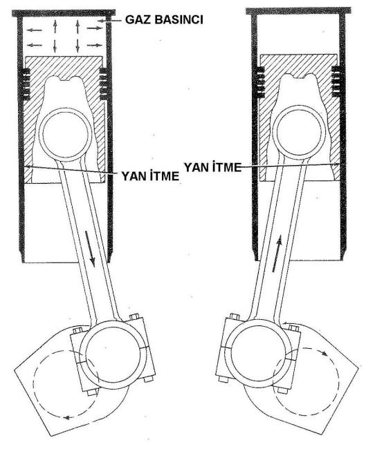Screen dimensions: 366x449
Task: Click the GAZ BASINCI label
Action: (164, 19)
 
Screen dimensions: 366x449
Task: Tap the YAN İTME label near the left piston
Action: (150, 176)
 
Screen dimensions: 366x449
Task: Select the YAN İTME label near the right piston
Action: (212, 167)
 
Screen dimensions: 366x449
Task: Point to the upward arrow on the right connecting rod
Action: (277, 254)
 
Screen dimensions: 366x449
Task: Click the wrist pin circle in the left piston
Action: (65, 135)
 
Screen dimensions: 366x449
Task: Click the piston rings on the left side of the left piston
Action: (26, 84)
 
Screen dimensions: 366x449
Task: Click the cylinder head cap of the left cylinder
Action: (64, 13)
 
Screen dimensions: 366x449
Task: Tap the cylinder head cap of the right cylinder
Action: (298, 11)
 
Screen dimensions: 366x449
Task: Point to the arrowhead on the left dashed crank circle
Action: (67, 418)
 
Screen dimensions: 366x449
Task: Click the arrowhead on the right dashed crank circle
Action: (324, 354)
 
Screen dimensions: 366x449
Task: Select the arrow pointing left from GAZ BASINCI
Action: (114, 21)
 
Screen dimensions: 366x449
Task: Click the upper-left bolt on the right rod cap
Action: (235, 317)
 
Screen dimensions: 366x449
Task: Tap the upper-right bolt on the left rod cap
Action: (134, 316)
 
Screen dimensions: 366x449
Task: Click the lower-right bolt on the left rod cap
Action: (148, 380)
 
